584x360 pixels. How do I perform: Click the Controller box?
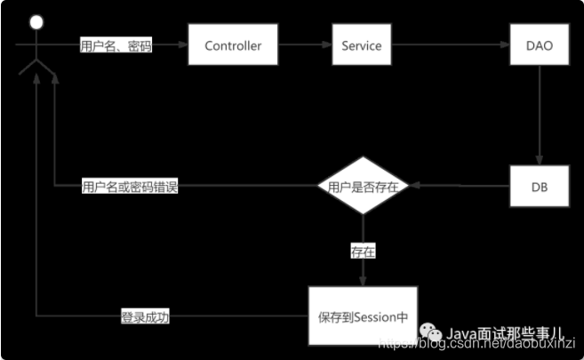[232, 45]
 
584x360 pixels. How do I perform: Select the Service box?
[361, 45]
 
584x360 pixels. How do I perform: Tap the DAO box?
[539, 45]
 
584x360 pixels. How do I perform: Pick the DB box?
[539, 188]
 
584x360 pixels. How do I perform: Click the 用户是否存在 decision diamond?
[362, 188]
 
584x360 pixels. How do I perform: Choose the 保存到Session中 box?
[362, 316]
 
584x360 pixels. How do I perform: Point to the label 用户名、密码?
[116, 46]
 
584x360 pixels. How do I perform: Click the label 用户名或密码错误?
[130, 188]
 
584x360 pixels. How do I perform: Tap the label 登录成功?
[145, 316]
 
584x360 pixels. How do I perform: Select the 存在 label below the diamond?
[363, 252]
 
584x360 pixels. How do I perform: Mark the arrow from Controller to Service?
[304, 45]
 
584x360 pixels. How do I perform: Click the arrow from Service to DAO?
[450, 45]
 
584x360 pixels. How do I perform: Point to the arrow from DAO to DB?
[539, 116]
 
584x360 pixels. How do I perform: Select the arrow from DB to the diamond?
[458, 188]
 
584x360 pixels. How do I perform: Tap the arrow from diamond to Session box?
[362, 271]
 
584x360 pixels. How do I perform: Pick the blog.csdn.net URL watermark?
[480, 343]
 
